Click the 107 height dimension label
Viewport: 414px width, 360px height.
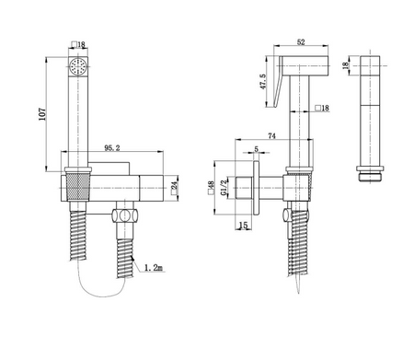[42, 114]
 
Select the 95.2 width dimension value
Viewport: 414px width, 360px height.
[112, 148]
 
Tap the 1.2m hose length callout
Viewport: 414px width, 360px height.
[154, 268]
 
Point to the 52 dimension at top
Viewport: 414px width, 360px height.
[301, 42]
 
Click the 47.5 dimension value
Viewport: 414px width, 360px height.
[263, 82]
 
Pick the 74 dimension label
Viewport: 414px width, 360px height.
[271, 135]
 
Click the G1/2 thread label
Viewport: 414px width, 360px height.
[224, 187]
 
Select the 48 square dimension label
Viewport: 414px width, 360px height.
[212, 188]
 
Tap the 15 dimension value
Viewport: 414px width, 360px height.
[243, 226]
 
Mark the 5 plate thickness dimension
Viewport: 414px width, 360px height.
[257, 149]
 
